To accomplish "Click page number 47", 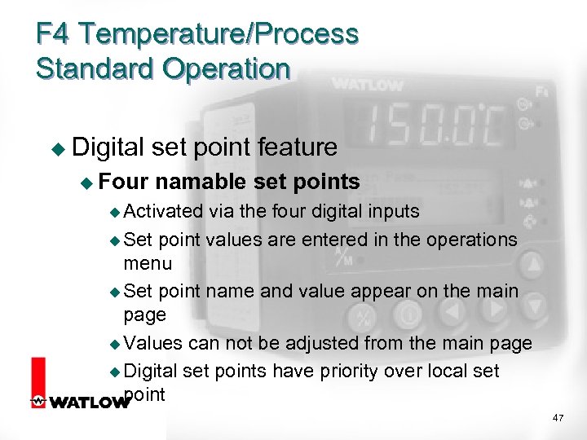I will click(558, 417).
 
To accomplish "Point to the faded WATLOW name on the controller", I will click(366, 85).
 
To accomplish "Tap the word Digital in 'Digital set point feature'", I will click(109, 147).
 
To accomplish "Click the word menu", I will click(148, 263).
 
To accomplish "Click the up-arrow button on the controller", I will click(532, 264).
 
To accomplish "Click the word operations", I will click(468, 239).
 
